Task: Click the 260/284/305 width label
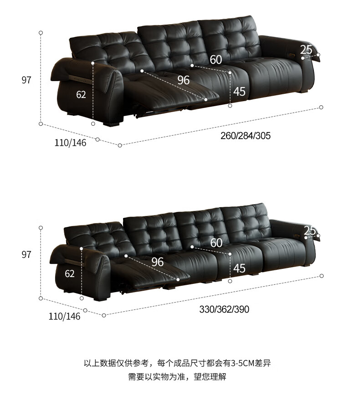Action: coord(246,135)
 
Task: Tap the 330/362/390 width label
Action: coord(224,309)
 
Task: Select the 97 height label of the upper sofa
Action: coord(26,80)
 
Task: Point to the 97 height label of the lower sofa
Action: coord(26,254)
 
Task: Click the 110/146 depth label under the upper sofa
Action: coord(70,143)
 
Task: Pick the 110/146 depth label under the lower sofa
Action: coord(64,316)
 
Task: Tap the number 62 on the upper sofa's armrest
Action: coord(81,95)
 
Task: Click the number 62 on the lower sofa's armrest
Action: coord(70,274)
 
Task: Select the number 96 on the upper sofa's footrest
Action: coord(184,80)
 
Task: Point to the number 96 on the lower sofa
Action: coord(158,262)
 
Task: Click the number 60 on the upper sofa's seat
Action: coord(216,60)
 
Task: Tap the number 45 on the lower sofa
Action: coord(239,268)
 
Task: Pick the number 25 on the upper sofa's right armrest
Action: coord(306,50)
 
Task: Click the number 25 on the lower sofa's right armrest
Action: coord(309,231)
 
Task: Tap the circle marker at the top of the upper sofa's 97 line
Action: coord(41,33)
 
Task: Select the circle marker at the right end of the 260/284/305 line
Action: coord(321,107)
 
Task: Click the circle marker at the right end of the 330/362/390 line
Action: coord(322,276)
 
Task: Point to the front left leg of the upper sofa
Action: coord(111,123)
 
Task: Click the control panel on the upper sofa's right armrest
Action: coord(292,54)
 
